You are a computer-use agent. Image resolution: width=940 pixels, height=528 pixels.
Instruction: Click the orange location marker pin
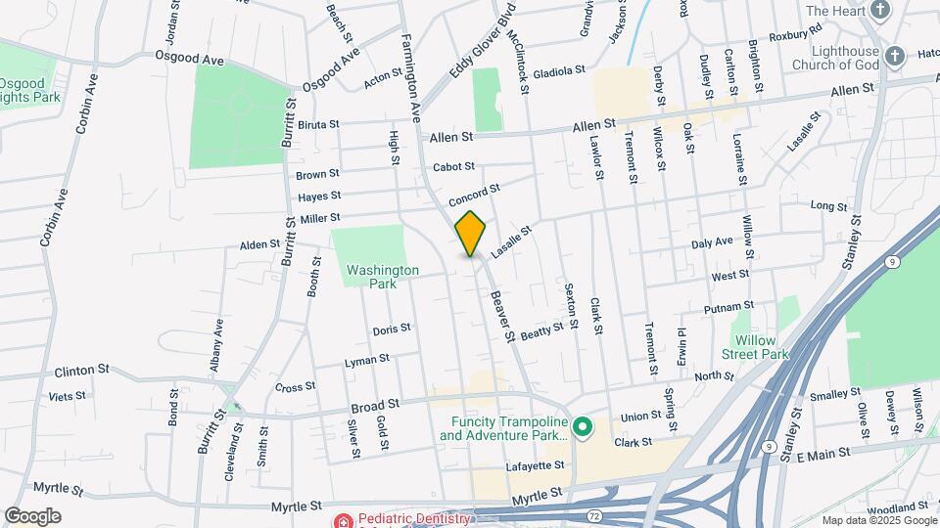[471, 233]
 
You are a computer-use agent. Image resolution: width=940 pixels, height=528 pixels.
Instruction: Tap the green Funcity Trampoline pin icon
[583, 426]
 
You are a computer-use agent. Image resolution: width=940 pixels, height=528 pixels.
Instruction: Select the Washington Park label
[382, 277]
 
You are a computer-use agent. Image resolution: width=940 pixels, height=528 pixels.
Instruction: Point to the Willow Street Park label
[762, 347]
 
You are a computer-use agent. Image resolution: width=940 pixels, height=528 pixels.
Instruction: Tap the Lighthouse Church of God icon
[894, 57]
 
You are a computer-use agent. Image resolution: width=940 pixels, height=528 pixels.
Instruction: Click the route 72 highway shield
[594, 514]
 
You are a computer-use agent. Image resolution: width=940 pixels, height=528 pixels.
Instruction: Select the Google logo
[32, 516]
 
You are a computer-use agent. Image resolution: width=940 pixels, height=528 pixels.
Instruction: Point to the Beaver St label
[502, 316]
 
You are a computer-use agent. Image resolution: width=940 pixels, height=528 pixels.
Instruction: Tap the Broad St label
[377, 403]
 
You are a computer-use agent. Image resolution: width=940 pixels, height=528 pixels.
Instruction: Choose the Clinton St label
[81, 371]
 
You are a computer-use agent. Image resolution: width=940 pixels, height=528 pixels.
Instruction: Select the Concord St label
[475, 195]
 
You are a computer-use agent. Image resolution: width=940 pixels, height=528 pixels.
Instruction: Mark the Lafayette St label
[537, 465]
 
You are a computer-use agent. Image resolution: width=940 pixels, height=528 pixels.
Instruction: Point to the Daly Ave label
[712, 242]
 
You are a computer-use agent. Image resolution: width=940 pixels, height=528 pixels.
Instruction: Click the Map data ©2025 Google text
[878, 520]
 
